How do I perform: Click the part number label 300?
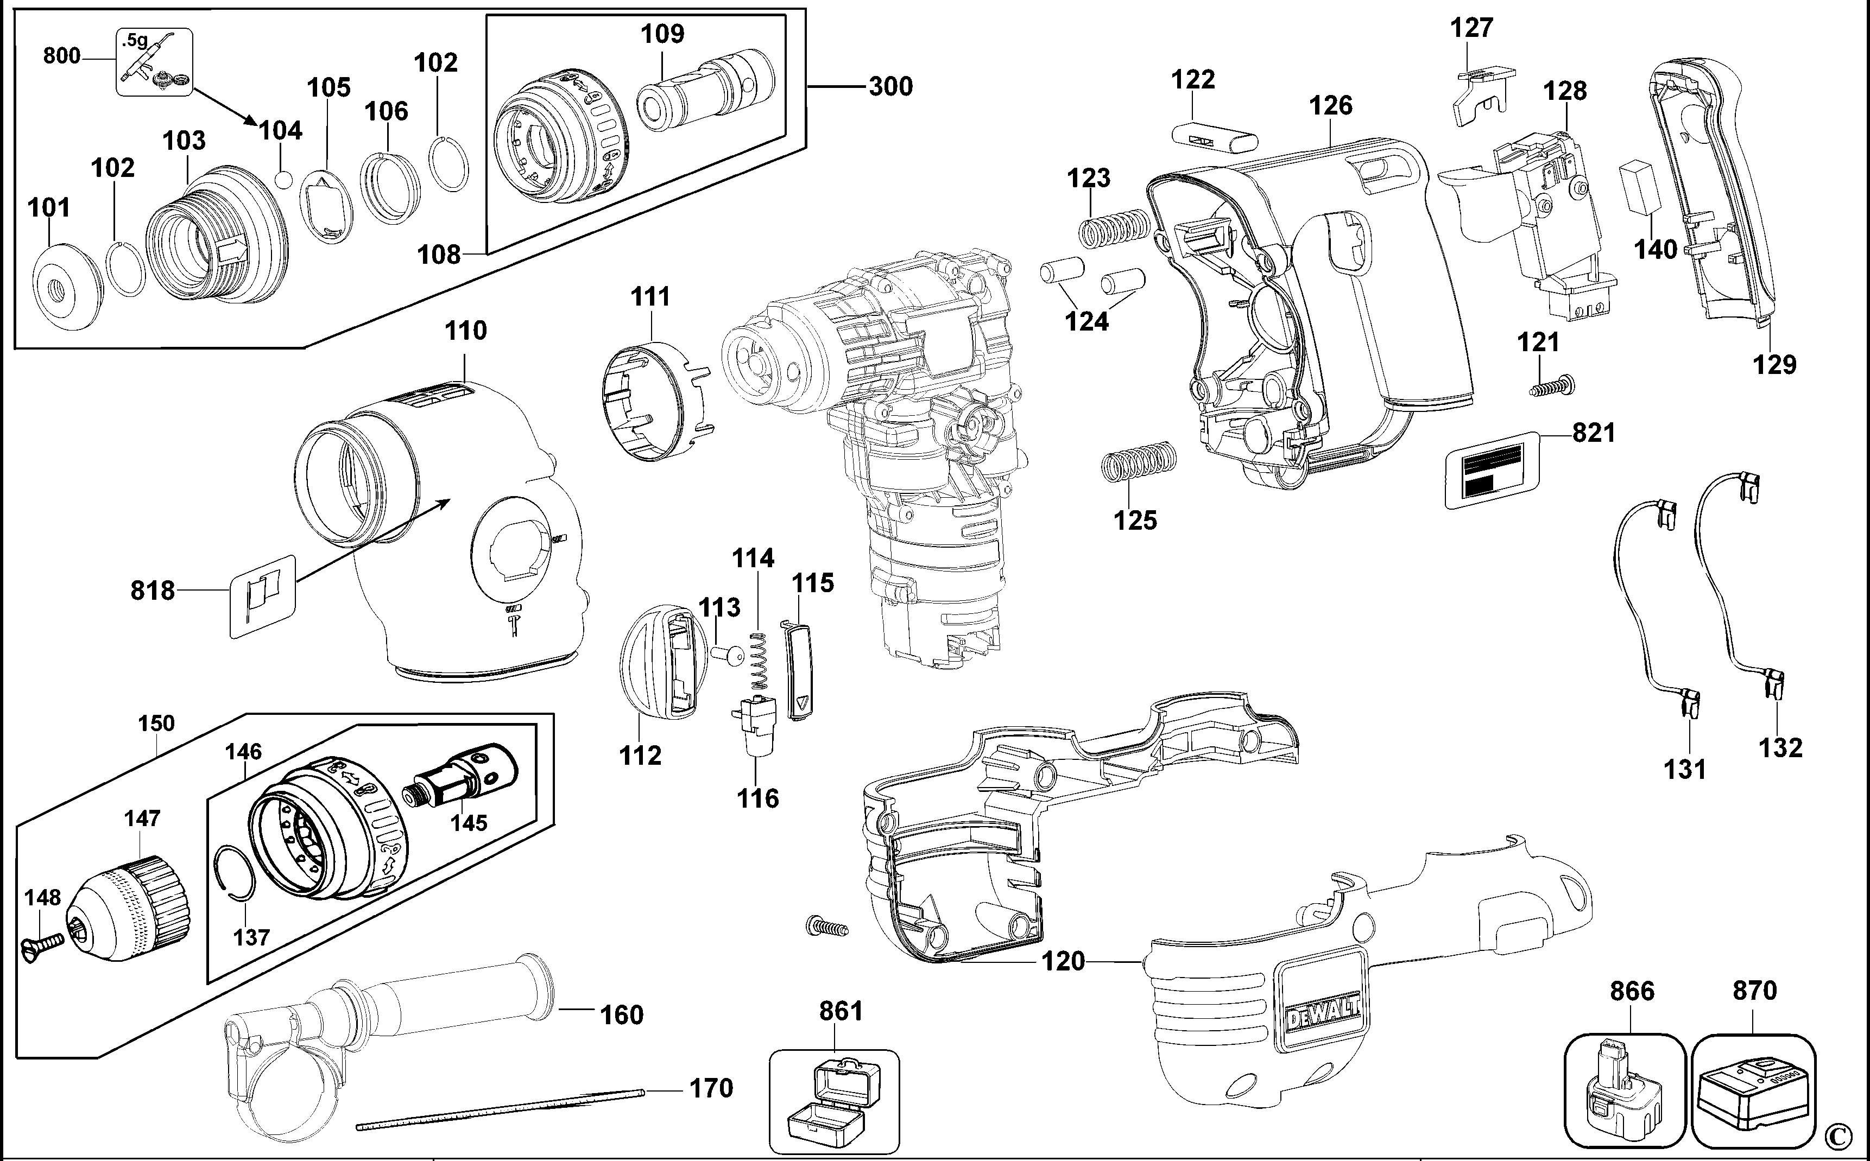tap(891, 86)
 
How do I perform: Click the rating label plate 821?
tap(1494, 471)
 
